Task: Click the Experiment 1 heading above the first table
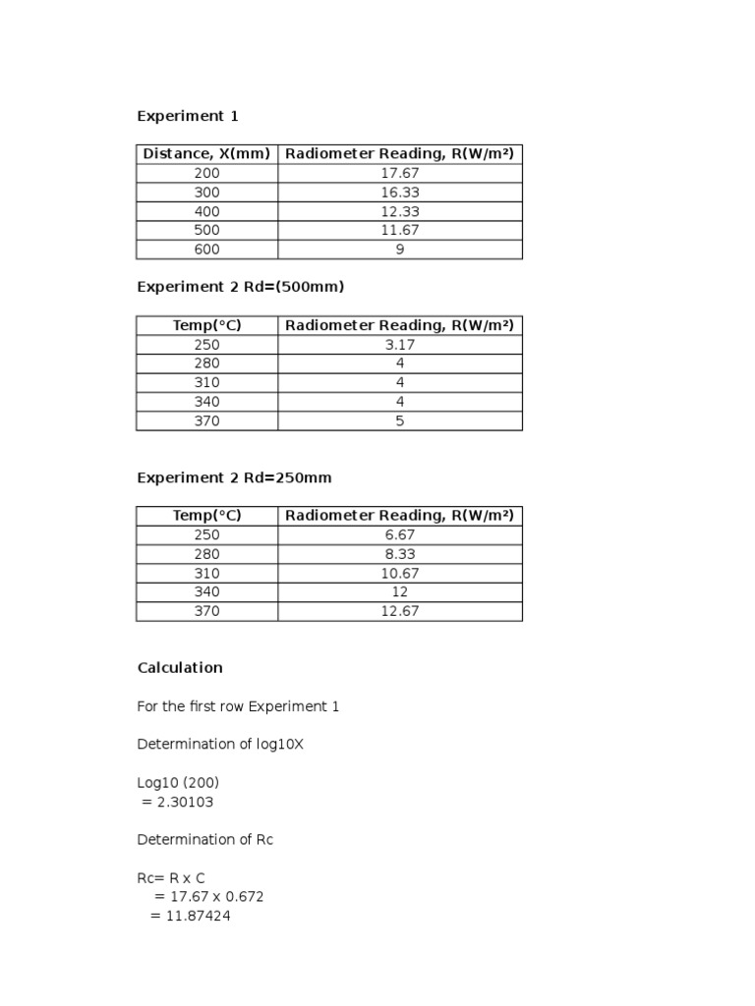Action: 187,116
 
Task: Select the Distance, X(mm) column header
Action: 206,154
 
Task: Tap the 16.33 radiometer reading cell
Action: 399,193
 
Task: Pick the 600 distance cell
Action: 206,250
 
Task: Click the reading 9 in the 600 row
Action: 399,250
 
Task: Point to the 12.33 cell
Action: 399,211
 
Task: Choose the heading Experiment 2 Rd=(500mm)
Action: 241,287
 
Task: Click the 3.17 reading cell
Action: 399,345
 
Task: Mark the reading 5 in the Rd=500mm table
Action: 399,421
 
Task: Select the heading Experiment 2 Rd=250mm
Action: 234,477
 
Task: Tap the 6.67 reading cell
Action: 399,535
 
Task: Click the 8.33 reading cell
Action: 399,554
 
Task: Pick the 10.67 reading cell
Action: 399,574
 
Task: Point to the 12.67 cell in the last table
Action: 399,611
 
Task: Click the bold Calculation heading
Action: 180,668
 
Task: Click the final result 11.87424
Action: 196,916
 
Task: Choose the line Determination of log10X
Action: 220,745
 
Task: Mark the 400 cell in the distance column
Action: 206,211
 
